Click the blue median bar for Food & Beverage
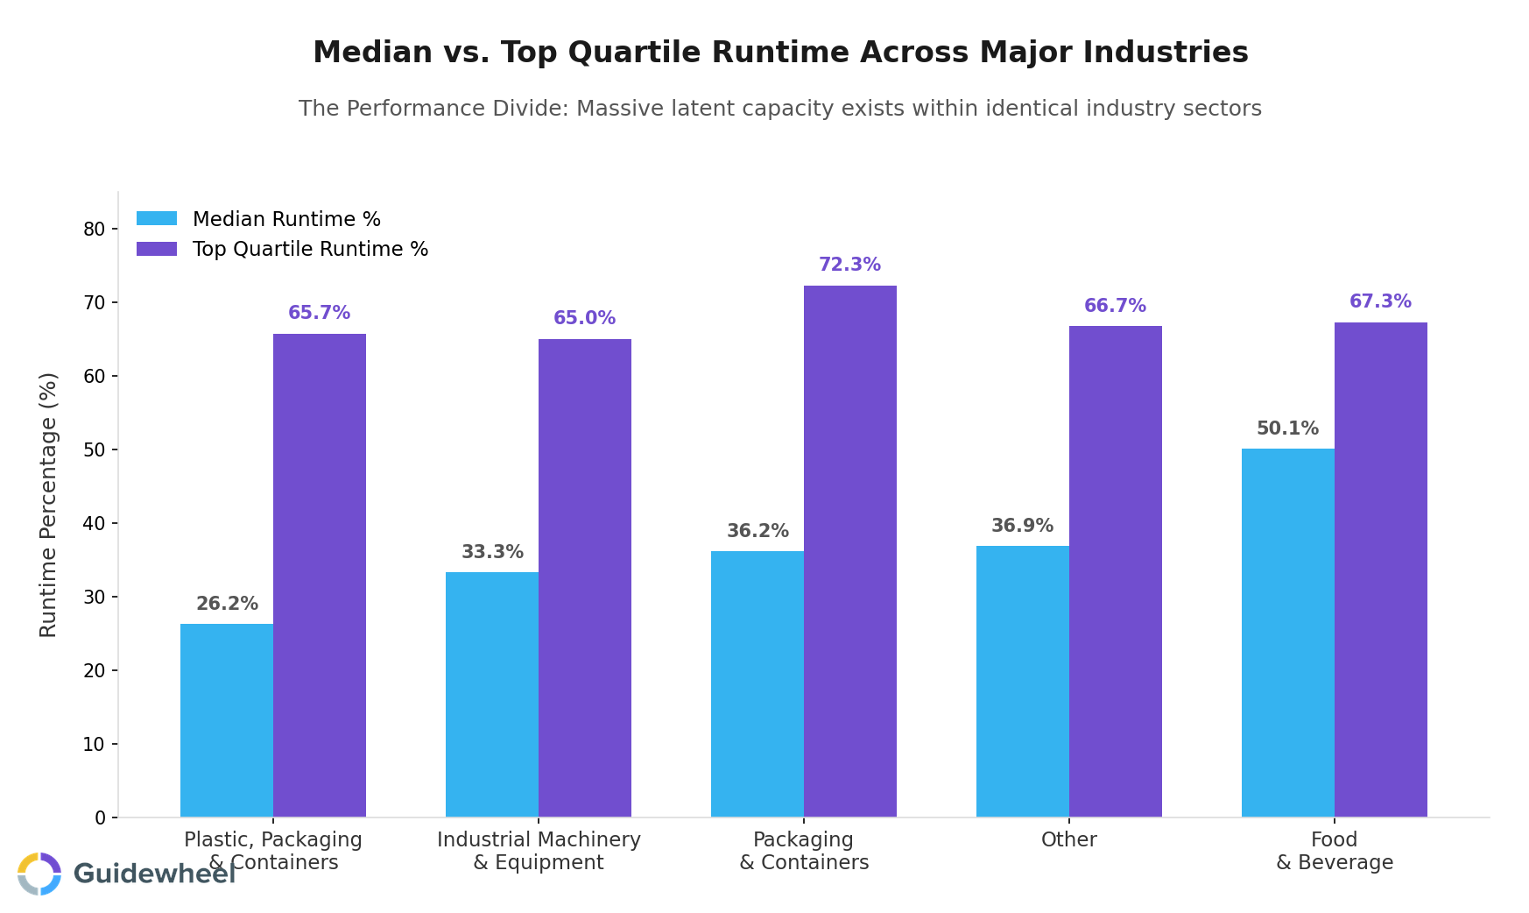[x=1287, y=633]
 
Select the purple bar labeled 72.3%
[x=849, y=551]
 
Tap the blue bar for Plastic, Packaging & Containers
[x=226, y=720]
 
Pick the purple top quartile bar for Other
[x=1115, y=571]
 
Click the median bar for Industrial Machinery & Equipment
[x=491, y=694]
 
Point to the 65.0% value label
[x=584, y=318]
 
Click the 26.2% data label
[x=227, y=604]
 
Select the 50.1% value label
[x=1287, y=428]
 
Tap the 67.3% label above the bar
[x=1380, y=301]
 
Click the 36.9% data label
[x=1022, y=526]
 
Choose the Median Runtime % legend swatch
[x=157, y=219]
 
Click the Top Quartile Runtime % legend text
[x=310, y=249]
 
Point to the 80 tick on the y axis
[x=95, y=229]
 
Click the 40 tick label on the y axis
[x=95, y=523]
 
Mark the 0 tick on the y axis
[x=100, y=817]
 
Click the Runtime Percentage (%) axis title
[x=49, y=505]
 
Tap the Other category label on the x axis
[x=1068, y=839]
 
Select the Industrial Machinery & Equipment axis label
[x=539, y=851]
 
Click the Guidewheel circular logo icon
[x=39, y=874]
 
